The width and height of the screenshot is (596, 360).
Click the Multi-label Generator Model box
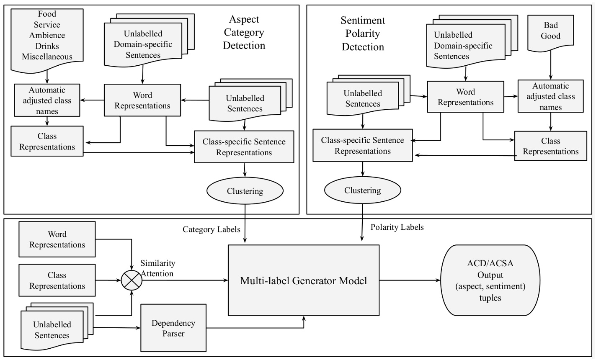303,280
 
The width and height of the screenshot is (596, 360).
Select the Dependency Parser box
173,328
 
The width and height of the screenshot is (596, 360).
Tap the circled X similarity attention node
132,280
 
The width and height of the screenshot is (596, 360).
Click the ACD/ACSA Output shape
490,280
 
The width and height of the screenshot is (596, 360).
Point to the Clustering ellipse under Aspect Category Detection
245,191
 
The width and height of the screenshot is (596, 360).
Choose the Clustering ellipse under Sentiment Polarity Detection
362,190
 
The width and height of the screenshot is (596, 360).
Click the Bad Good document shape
550,31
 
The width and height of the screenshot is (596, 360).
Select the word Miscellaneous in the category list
47,57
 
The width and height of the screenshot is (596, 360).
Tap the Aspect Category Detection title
244,32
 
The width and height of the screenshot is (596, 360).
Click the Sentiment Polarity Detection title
363,33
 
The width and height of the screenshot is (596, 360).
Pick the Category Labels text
211,229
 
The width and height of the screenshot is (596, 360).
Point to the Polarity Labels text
397,227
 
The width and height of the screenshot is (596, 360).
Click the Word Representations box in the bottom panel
57,239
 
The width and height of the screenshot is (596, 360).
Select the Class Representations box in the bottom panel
57,281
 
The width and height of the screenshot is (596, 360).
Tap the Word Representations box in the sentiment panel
465,97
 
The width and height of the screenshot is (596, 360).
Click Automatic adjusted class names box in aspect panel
47,100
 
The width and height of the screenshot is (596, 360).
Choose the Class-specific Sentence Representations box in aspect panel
244,147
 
